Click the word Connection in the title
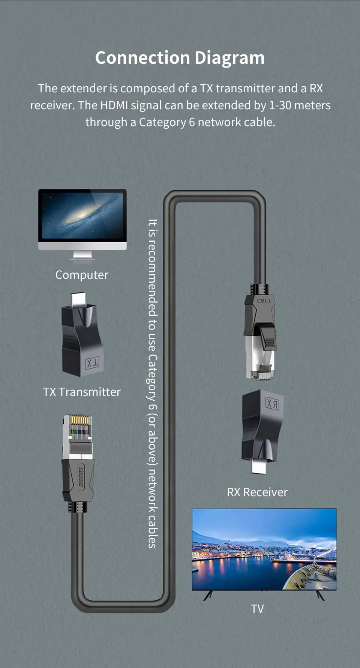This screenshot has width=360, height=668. pyautogui.click(x=142, y=58)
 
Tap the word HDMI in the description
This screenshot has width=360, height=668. pyautogui.click(x=114, y=105)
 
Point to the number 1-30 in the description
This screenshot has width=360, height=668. pyautogui.click(x=280, y=105)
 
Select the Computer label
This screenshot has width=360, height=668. pyautogui.click(x=82, y=275)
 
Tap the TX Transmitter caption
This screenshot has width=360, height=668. pyautogui.click(x=82, y=392)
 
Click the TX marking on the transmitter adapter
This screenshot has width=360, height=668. pyautogui.click(x=93, y=363)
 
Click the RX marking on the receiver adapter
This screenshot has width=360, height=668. pyautogui.click(x=272, y=404)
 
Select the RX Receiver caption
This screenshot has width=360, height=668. pyautogui.click(x=257, y=492)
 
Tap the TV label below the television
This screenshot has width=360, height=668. pyautogui.click(x=257, y=609)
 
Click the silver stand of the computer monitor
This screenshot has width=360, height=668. pyautogui.click(x=82, y=255)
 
